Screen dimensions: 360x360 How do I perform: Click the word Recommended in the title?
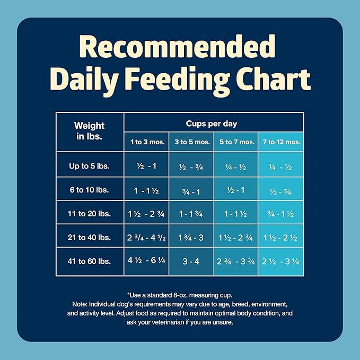click(x=180, y=47)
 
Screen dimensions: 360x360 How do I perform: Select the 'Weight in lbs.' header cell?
click(x=89, y=131)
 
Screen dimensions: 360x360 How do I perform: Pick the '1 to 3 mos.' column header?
click(x=146, y=142)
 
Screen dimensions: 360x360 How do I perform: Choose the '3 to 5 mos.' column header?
click(x=191, y=142)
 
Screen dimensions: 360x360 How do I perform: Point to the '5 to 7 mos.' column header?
click(x=236, y=142)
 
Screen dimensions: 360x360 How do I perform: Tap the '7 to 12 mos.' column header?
click(x=281, y=142)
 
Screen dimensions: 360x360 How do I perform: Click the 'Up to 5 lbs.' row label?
click(x=89, y=166)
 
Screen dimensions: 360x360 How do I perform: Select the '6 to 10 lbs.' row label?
click(x=89, y=190)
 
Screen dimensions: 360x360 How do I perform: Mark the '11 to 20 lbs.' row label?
click(x=89, y=214)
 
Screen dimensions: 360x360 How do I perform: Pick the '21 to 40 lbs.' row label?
click(x=89, y=238)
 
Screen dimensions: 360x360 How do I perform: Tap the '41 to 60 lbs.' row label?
click(x=89, y=261)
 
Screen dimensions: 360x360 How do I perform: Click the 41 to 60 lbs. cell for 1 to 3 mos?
click(x=146, y=261)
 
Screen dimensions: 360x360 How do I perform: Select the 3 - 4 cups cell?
click(x=191, y=261)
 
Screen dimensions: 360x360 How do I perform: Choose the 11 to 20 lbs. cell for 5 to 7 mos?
click(x=235, y=214)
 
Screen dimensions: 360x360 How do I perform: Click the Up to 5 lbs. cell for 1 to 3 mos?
click(x=146, y=166)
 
